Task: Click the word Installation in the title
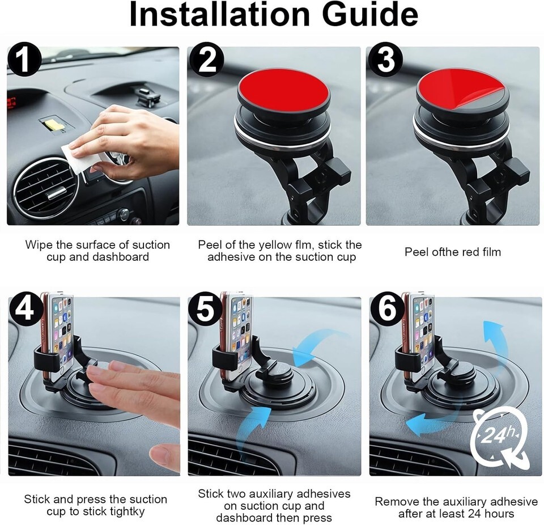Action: tap(219, 15)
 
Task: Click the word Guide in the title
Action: tap(370, 15)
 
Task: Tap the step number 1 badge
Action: tap(23, 59)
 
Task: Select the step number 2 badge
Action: tap(206, 59)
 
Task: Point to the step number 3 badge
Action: tap(385, 59)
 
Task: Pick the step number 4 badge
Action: tap(24, 308)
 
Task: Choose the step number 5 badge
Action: tap(205, 308)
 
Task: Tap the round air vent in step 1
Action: tap(46, 186)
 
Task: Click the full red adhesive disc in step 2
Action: tap(284, 90)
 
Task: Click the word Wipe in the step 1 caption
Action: tap(39, 245)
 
